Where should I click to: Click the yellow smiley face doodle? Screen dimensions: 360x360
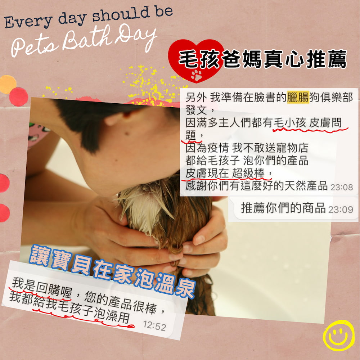[x=339, y=335]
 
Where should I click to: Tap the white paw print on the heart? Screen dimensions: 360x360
[x=197, y=75]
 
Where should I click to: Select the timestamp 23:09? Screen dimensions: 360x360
[x=342, y=209]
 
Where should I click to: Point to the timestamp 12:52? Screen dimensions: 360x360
[x=154, y=327]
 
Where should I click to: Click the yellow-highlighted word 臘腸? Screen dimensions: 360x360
[x=298, y=97]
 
